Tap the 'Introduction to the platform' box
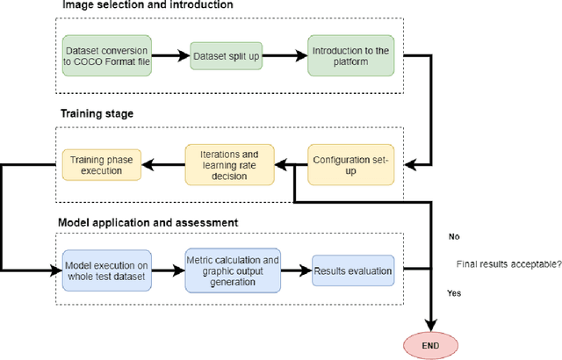tap(349, 56)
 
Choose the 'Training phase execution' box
tap(99, 162)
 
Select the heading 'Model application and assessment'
tap(147, 223)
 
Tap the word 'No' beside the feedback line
tap(454, 237)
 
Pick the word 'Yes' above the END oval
tap(455, 293)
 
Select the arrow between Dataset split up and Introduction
tap(289, 56)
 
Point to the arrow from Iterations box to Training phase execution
tap(163, 162)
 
